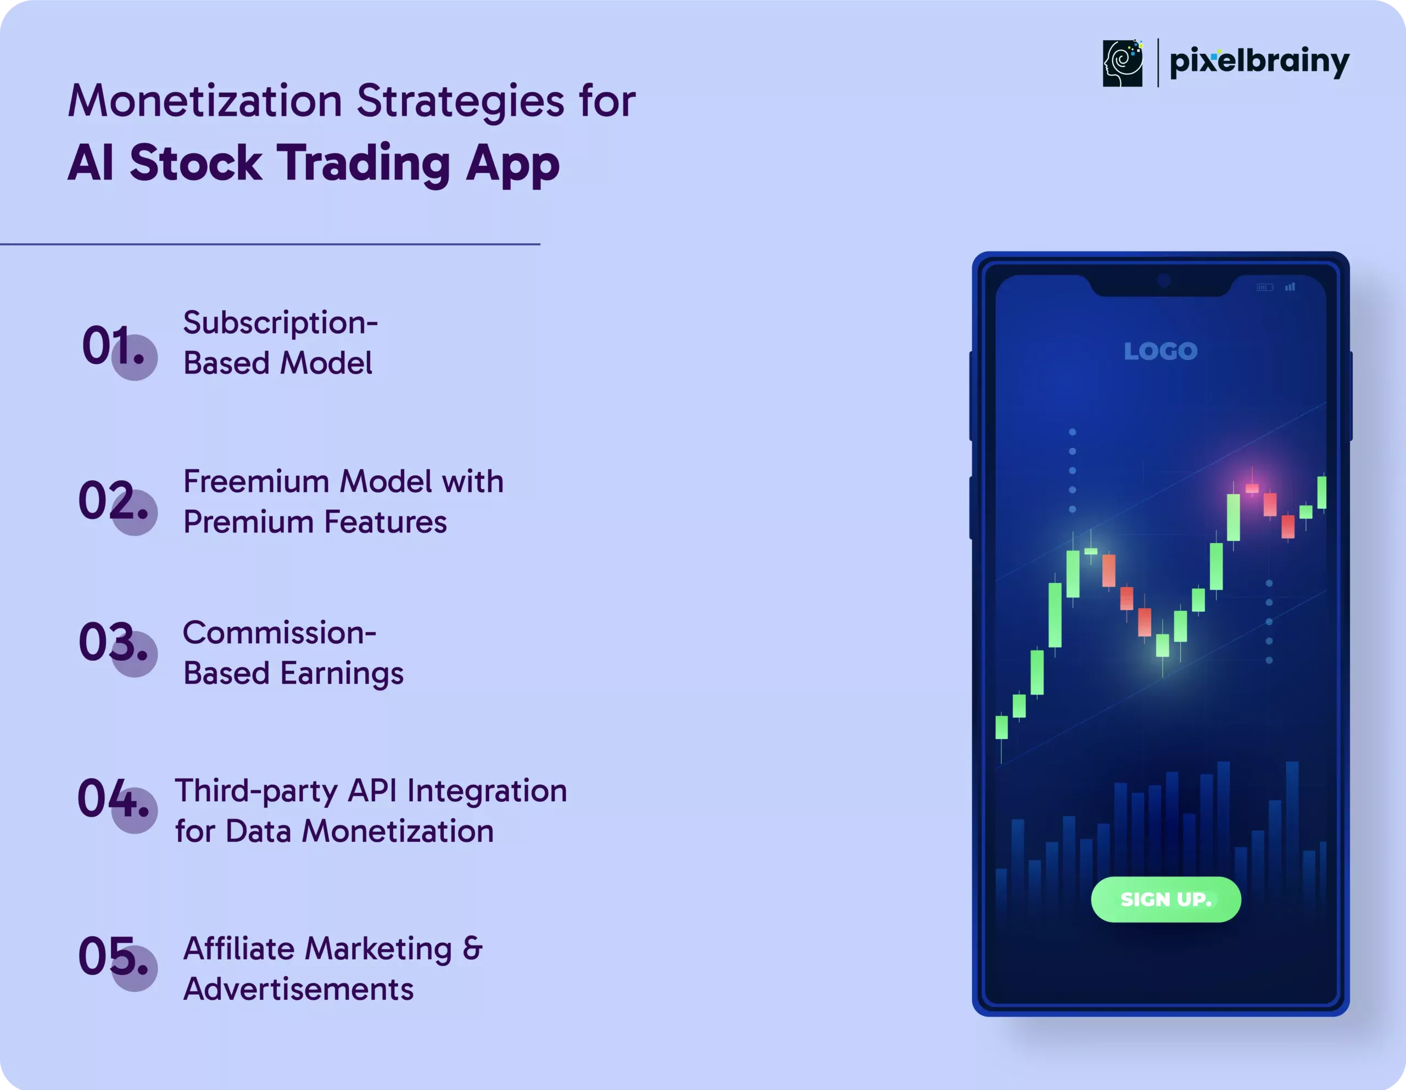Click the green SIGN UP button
1166,899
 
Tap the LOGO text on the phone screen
1160,351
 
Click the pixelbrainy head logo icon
1123,63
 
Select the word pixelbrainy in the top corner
1259,62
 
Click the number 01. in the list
113,346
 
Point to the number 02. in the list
113,500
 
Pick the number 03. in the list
113,642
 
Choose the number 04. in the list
113,798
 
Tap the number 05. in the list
113,956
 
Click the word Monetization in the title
205,101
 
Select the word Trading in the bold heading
364,163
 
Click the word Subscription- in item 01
280,324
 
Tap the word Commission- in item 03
280,633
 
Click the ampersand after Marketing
472,948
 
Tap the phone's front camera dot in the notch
1163,280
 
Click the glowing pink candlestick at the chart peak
1252,488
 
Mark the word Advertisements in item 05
299,990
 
